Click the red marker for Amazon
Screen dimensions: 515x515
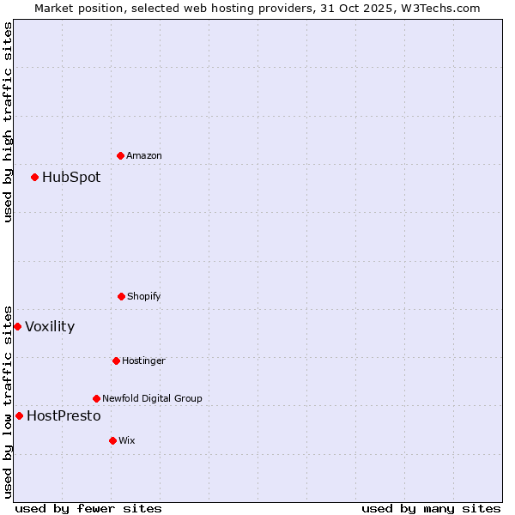click(x=120, y=155)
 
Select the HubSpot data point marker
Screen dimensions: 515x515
click(x=34, y=178)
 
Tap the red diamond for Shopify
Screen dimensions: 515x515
click(x=121, y=296)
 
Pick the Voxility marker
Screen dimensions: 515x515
click(x=17, y=326)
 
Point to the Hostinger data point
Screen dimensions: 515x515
click(x=116, y=360)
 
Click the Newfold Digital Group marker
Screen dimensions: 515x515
click(x=96, y=398)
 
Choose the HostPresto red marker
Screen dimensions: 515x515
click(x=19, y=415)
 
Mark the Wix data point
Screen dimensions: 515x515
click(x=112, y=440)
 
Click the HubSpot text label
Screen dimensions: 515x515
click(x=71, y=178)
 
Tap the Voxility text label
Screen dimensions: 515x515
click(x=50, y=326)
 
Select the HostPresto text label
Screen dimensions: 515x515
click(x=64, y=415)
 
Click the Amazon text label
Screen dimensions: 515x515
click(x=144, y=155)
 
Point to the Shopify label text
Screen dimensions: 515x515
click(x=144, y=296)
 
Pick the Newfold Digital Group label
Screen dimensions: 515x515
click(x=152, y=398)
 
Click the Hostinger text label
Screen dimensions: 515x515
click(x=143, y=360)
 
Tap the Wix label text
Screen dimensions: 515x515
click(x=127, y=440)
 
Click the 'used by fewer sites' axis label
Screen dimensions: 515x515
click(x=88, y=508)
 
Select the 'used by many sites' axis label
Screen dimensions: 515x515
click(x=431, y=508)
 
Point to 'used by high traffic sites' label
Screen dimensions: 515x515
click(x=8, y=122)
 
